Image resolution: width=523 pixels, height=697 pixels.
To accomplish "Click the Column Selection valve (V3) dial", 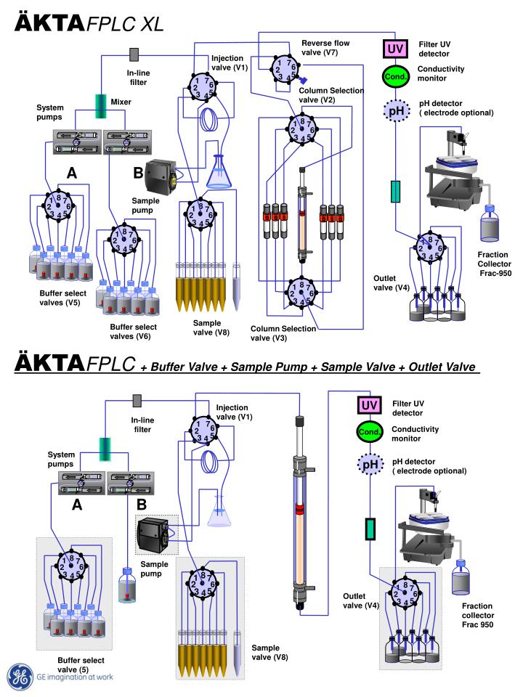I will (299, 292).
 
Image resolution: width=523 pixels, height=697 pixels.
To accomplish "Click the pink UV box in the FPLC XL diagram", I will (394, 49).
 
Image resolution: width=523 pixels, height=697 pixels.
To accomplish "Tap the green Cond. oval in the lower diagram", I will (369, 433).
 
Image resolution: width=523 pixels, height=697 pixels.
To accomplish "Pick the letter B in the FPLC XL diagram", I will (138, 172).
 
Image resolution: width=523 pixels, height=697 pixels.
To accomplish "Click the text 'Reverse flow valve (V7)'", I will (325, 48).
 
